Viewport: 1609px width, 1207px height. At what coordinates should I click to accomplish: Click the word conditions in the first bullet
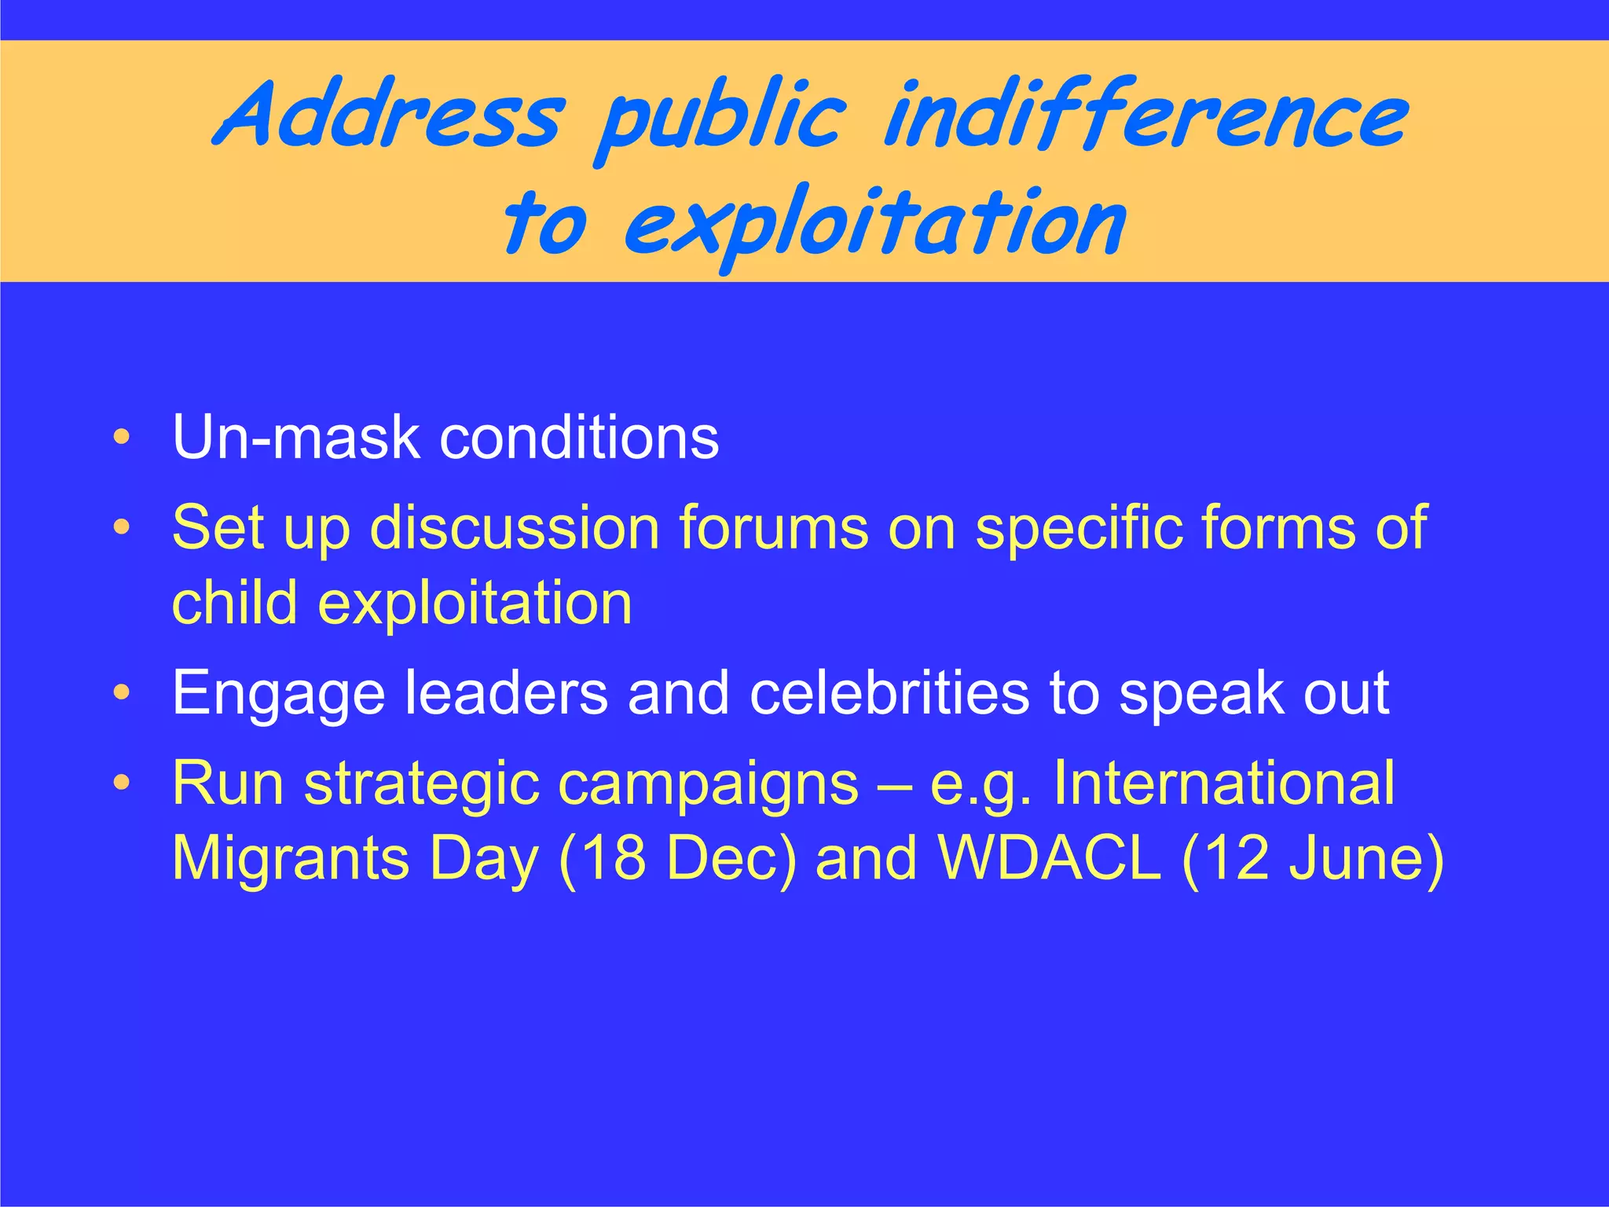pos(579,437)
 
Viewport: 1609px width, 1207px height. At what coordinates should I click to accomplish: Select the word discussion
pos(515,527)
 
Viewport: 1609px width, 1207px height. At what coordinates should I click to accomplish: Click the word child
pos(235,603)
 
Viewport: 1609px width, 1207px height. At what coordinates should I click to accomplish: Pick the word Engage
pos(279,694)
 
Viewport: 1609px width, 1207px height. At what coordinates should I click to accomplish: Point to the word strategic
pos(422,784)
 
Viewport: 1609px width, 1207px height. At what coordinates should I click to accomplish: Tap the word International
pos(1223,783)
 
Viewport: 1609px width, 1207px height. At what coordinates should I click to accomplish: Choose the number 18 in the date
pos(615,858)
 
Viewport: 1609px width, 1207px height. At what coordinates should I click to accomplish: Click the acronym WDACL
pos(1050,858)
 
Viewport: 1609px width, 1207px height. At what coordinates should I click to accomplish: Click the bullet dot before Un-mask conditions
pos(121,437)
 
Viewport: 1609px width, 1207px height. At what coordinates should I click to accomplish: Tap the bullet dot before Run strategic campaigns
pos(121,783)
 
